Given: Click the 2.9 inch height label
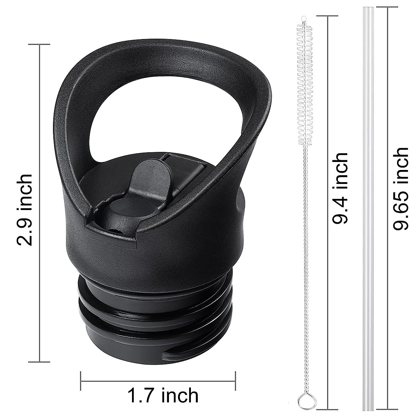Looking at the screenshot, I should coord(25,210).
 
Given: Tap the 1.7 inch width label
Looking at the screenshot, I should coord(163,396).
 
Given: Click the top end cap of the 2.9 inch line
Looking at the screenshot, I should coord(39,44).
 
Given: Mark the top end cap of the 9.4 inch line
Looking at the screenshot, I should coord(327,16).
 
